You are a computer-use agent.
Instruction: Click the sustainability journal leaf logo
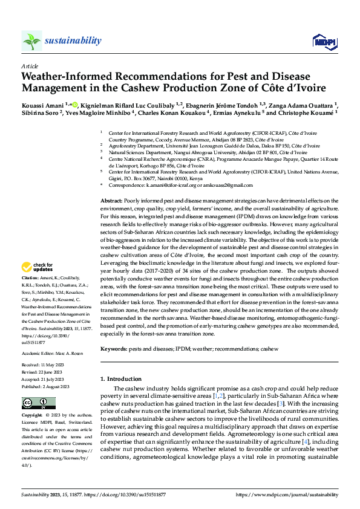pyautogui.click(x=32, y=41)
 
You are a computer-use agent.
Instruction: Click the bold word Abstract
pyautogui.click(x=111, y=199)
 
